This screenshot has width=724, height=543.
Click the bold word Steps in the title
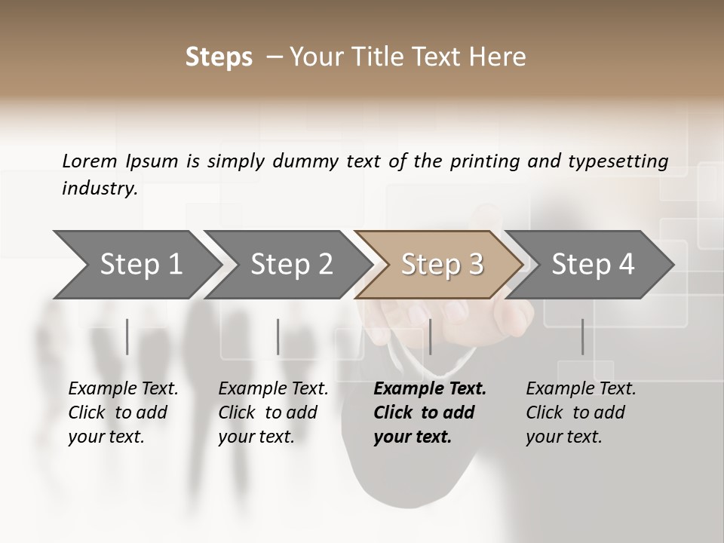[219, 57]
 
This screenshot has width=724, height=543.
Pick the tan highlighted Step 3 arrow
[441, 264]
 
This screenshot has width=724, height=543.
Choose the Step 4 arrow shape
[592, 264]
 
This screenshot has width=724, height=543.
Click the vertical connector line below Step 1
[127, 336]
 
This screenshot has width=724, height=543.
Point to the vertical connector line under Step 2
[278, 336]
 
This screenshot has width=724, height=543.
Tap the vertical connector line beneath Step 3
[430, 336]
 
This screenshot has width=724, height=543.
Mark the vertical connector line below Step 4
[582, 336]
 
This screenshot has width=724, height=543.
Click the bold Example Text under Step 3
[430, 413]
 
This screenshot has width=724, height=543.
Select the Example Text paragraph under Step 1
[123, 413]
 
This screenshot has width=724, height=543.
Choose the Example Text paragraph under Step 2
[273, 413]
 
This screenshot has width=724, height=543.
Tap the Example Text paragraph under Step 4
[581, 413]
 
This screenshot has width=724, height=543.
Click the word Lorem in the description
[90, 161]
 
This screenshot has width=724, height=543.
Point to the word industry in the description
[100, 189]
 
